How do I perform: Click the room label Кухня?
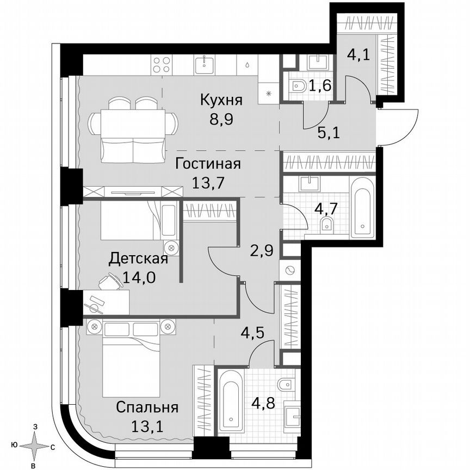(x=220, y=100)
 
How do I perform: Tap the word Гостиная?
(x=208, y=163)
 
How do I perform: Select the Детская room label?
(x=138, y=258)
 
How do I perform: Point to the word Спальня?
(x=147, y=407)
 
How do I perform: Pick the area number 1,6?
(x=321, y=85)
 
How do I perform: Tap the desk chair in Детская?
(x=111, y=281)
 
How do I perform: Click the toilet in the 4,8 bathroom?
(x=285, y=386)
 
